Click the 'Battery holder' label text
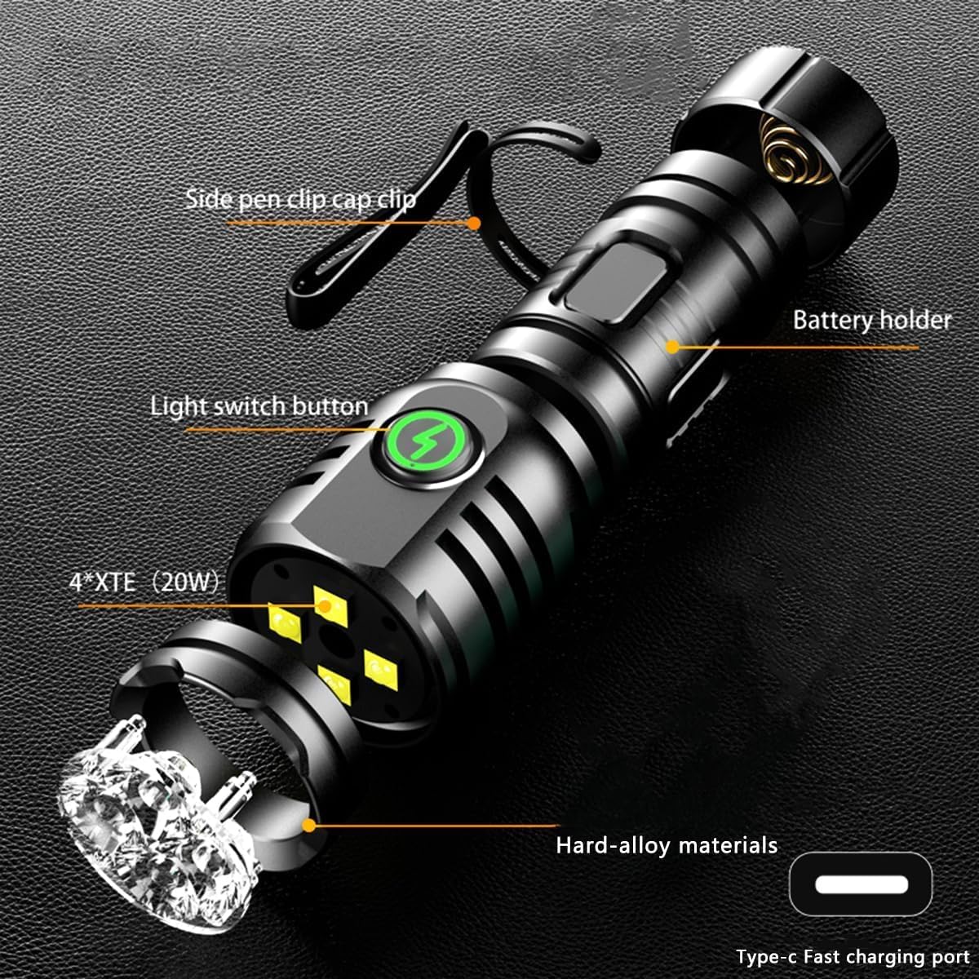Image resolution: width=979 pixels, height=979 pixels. [871, 320]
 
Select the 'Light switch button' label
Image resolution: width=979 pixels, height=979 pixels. [259, 406]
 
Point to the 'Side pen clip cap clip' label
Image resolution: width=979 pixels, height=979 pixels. [300, 199]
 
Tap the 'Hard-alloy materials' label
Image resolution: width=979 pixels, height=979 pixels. [667, 845]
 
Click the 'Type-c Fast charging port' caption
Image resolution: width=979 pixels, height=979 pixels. [852, 956]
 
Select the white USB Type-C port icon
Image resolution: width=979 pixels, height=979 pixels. [861, 884]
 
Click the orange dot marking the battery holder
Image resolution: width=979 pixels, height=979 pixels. [671, 346]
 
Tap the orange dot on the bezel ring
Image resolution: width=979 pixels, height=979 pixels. [308, 825]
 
